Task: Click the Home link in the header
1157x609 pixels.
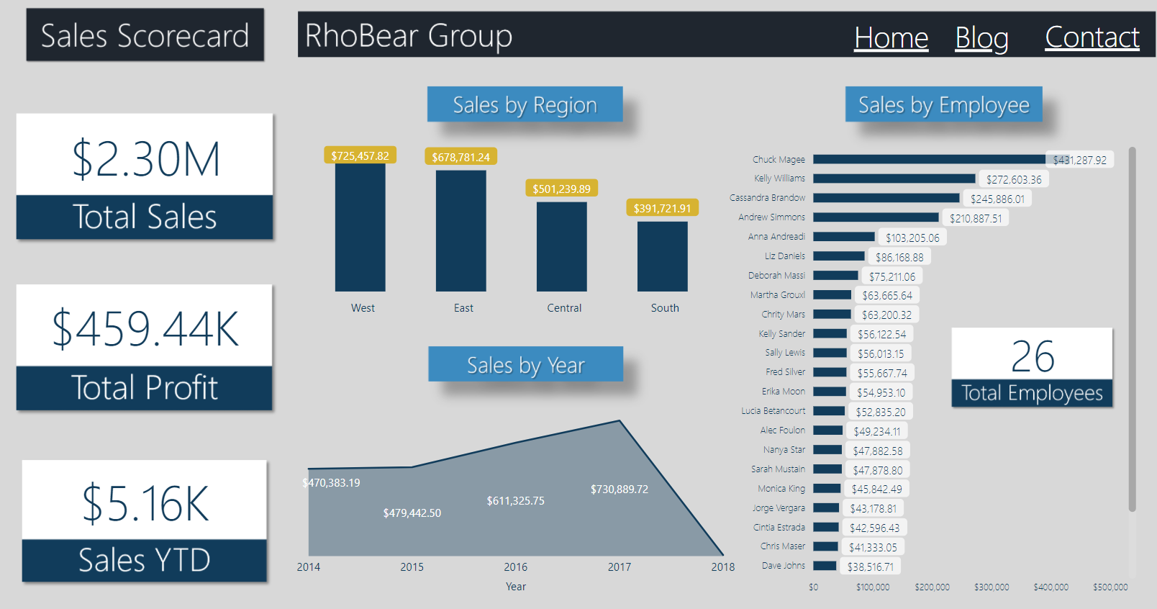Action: pos(891,37)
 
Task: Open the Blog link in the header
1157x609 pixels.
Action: pos(981,37)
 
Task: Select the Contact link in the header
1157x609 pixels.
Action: pos(1092,37)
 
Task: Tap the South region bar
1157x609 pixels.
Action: pos(662,257)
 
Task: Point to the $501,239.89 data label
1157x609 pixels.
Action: pos(561,189)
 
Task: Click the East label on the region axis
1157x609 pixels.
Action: pos(463,308)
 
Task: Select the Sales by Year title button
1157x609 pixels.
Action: pos(525,365)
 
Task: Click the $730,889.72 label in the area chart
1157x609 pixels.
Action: pos(619,490)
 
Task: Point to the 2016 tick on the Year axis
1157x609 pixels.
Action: pos(515,567)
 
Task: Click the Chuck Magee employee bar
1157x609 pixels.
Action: pos(928,159)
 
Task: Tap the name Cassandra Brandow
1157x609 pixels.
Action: pos(767,198)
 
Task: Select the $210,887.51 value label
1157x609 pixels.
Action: pos(975,218)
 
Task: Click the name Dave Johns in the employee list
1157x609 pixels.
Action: pos(783,566)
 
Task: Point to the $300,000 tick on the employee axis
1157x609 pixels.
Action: pos(991,587)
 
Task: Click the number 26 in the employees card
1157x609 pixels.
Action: pos(1032,356)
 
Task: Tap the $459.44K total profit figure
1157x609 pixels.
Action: pos(145,329)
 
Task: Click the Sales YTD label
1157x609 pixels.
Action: pos(145,560)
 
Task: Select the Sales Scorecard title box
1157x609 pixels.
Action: pos(145,35)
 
